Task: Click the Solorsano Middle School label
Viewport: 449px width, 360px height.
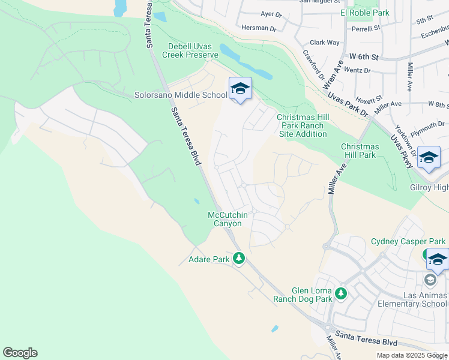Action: point(181,95)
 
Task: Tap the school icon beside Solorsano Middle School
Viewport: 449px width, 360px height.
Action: point(240,89)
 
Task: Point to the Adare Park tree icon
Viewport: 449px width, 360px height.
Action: point(239,259)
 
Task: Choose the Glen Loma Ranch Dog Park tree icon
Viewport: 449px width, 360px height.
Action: point(341,293)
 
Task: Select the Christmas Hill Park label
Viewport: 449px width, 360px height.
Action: point(360,151)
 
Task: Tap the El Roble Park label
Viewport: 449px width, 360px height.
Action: point(365,13)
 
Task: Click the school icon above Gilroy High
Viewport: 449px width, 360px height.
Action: point(429,158)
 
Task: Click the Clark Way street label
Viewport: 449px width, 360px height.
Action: point(324,43)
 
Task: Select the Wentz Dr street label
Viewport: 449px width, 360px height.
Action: point(357,70)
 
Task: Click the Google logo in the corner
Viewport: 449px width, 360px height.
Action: point(20,353)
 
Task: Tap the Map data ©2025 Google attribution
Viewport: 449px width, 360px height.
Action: point(412,355)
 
